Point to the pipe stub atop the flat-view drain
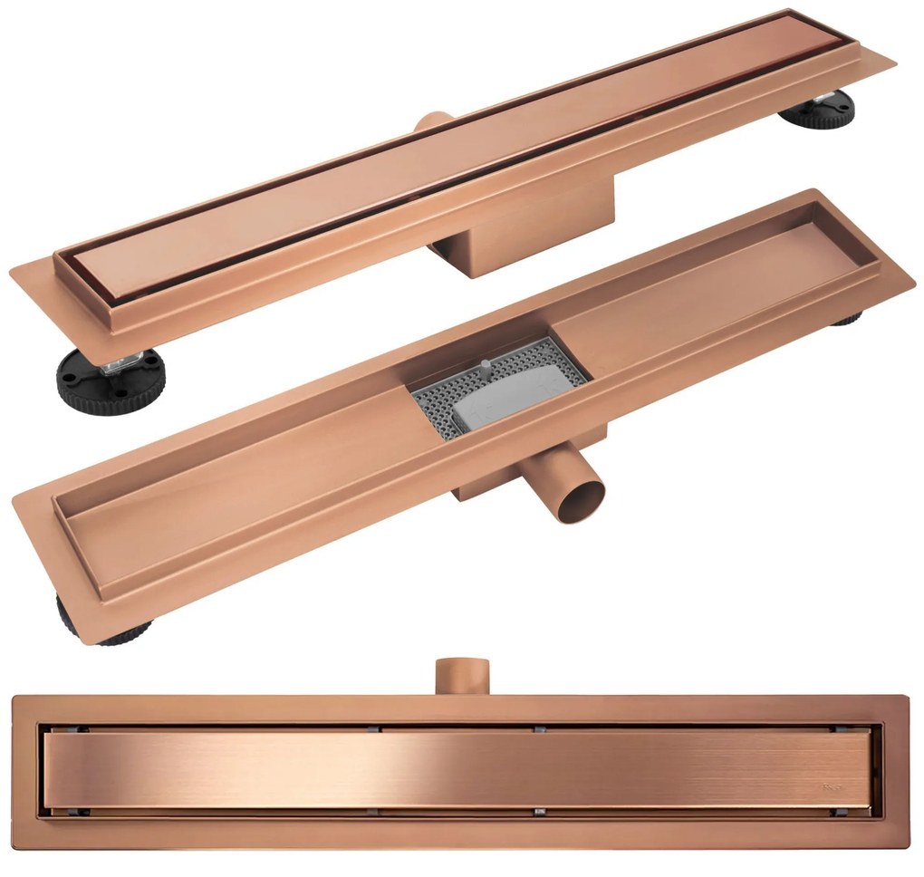point(462,675)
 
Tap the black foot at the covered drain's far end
point(819,111)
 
